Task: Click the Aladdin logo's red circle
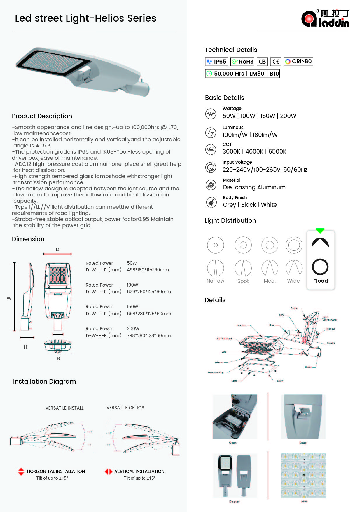tap(309, 19)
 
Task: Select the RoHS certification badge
tap(242, 62)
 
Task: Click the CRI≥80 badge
tap(298, 62)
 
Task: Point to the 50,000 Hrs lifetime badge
tap(242, 74)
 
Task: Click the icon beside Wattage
tap(211, 114)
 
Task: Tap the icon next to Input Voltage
tap(211, 167)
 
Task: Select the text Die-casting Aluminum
tap(254, 187)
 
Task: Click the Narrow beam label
tap(215, 281)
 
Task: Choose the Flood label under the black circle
tap(320, 281)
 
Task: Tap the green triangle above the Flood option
tap(320, 231)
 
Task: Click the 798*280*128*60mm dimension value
tap(149, 336)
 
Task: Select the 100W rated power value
tap(132, 285)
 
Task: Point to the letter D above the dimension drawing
tap(57, 249)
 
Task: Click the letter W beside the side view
tap(9, 298)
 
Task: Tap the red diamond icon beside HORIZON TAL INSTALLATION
tap(21, 471)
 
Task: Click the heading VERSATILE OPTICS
tap(125, 408)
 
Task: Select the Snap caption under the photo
tap(303, 443)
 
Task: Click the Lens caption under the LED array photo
tap(304, 501)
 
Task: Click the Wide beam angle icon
tap(294, 268)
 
